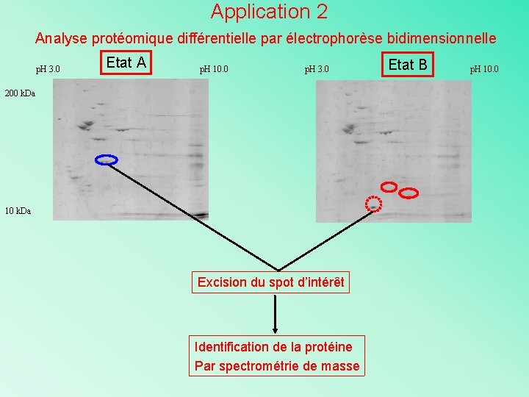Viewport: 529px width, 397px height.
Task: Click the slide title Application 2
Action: pos(269,12)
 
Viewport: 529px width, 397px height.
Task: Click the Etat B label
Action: pos(408,65)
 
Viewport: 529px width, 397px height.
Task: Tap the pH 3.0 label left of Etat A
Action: pos(48,70)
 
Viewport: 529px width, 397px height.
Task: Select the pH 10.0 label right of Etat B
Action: pos(484,70)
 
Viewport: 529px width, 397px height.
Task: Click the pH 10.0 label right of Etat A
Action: pos(214,70)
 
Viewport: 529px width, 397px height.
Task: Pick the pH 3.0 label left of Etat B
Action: pos(317,70)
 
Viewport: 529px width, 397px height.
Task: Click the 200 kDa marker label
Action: pos(20,93)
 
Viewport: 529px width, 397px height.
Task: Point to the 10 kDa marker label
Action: pos(18,211)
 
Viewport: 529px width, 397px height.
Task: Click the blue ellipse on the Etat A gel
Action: pos(107,160)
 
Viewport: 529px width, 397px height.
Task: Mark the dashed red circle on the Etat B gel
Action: pos(374,204)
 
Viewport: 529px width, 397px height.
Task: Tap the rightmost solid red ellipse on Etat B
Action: pos(409,193)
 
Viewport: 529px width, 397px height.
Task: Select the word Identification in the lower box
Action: pos(232,346)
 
